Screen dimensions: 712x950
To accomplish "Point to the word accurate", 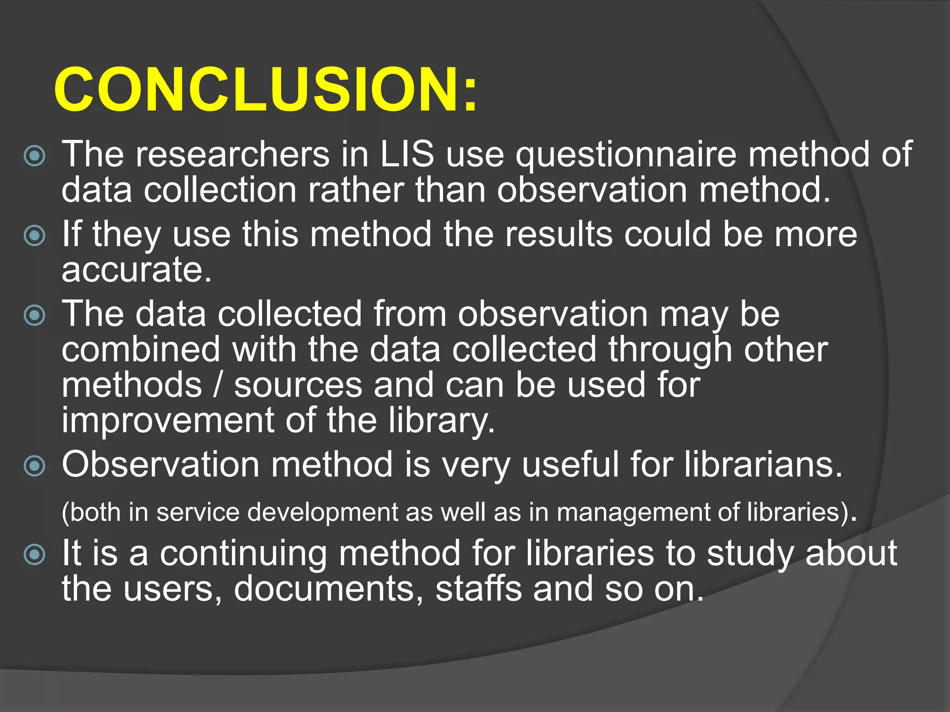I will (136, 270).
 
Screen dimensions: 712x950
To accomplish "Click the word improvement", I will (168, 420).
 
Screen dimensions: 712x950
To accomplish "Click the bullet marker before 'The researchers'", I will (35, 156).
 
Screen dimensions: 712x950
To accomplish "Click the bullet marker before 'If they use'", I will (35, 235).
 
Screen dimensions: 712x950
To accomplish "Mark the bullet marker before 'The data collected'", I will (35, 316).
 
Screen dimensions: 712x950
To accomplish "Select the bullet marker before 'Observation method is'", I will (35, 465).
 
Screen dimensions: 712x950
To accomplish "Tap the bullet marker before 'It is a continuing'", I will (35, 554).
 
